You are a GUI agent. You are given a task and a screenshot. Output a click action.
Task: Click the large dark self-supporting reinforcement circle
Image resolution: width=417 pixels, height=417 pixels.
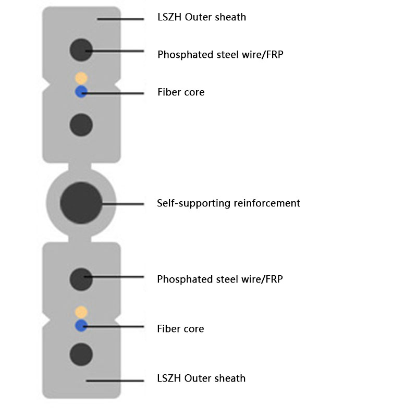[x=81, y=203]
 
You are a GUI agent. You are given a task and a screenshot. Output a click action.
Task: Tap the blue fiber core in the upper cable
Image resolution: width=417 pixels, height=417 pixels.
[x=81, y=92]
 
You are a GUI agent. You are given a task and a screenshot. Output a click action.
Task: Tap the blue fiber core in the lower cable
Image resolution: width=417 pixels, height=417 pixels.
[x=81, y=326]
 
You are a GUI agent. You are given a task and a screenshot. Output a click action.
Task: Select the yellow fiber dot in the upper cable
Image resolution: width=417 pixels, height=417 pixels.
[x=81, y=78]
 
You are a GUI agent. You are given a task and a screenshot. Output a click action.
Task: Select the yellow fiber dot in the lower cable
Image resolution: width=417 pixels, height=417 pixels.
[x=81, y=312]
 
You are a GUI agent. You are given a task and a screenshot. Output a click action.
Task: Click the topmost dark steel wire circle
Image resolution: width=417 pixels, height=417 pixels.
[x=81, y=50]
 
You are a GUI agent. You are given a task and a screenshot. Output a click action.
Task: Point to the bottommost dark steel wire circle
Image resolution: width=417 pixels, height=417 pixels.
[x=81, y=354]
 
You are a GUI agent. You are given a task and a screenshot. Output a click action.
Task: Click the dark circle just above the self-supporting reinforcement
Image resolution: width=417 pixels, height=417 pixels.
[x=81, y=125]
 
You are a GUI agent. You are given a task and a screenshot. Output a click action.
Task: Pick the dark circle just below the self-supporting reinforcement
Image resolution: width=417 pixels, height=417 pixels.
[x=81, y=279]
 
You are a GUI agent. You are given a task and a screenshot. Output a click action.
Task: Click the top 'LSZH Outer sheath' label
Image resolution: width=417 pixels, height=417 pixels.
[x=202, y=17]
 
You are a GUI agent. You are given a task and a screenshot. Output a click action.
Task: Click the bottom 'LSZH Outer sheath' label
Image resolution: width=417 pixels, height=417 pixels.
[x=201, y=378]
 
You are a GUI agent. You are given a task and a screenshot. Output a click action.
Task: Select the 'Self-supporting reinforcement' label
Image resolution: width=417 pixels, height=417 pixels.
[x=228, y=203]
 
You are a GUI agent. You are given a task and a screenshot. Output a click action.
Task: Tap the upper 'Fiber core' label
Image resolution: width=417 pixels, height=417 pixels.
[x=181, y=92]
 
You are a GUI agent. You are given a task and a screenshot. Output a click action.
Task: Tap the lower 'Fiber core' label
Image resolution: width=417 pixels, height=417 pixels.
[x=180, y=328]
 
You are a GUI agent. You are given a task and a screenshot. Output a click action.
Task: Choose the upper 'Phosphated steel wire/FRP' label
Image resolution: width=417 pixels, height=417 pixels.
[x=220, y=54]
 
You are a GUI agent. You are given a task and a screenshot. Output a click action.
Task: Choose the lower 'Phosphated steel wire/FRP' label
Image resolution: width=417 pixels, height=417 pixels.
[x=220, y=279]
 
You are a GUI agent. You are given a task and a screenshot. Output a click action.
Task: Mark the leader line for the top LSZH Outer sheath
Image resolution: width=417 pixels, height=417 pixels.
[x=120, y=20]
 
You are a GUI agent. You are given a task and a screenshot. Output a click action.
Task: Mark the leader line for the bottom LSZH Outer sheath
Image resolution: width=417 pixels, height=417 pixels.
[x=115, y=381]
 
